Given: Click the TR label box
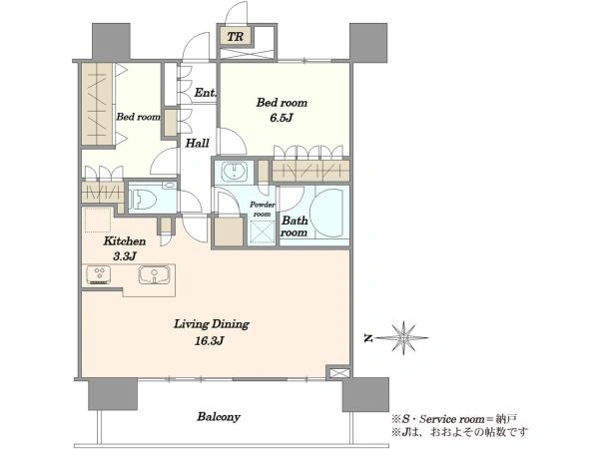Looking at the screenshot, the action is coord(236,37).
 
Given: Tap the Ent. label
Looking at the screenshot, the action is coord(206,93).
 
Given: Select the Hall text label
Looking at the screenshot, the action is coord(197,143).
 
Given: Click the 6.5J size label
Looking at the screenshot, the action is coord(282,118).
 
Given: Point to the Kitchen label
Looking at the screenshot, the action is coord(125,241).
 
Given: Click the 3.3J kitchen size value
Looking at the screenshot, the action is coord(125,256).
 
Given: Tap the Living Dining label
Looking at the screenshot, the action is coord(212,324).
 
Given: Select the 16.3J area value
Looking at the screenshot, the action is coord(209,340).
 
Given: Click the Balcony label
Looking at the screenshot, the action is coord(219,416).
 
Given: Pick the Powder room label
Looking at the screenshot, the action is coord(262,210).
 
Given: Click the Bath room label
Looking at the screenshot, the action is coord(295,226).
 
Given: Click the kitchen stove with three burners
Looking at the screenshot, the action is coord(99,275).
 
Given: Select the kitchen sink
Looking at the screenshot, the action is coord(154,275).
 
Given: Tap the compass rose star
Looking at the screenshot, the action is coord(403,338).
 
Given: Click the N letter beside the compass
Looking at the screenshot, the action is coord(368,338).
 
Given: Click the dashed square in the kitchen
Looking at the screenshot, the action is coord(98,220).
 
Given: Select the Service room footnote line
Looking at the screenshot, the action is coord(454,419).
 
